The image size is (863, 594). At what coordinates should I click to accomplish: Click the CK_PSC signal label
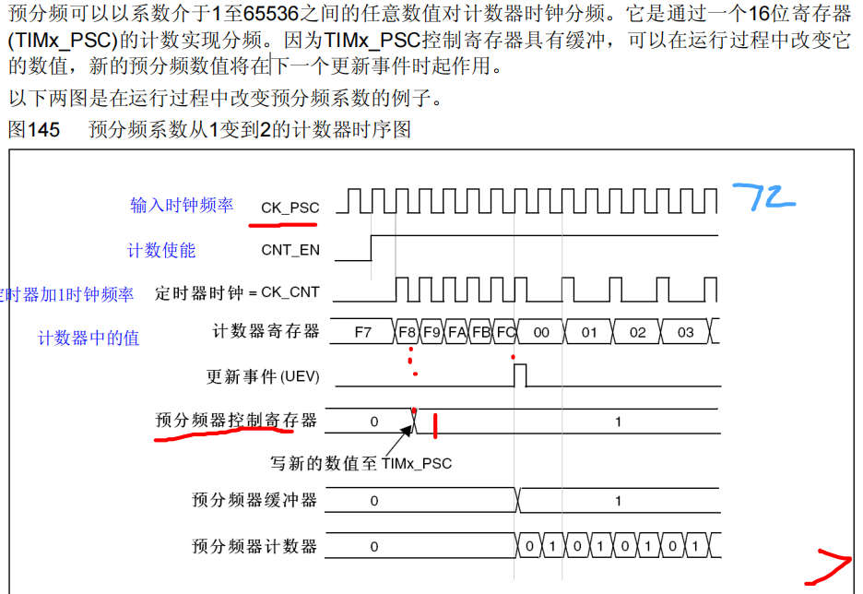(290, 208)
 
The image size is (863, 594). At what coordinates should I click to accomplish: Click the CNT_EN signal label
(290, 249)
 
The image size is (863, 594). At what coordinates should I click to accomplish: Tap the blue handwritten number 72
(763, 196)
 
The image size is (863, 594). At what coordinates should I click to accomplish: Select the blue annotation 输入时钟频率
(182, 205)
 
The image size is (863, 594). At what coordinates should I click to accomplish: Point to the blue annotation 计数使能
(161, 250)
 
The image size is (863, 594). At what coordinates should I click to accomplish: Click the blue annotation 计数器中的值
(89, 339)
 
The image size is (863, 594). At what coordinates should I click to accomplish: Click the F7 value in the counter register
(363, 332)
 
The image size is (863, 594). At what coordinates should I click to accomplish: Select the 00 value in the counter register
(541, 332)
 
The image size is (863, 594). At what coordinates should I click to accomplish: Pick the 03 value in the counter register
(685, 332)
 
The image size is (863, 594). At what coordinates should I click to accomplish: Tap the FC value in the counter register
(504, 332)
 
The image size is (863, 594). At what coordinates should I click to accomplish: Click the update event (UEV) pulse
(520, 375)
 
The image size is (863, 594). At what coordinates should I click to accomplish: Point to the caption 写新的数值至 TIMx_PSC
(361, 463)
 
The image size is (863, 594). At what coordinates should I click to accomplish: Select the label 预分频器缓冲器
(254, 500)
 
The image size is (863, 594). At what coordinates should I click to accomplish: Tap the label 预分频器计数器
(254, 546)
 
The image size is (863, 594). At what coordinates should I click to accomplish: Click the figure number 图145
(33, 130)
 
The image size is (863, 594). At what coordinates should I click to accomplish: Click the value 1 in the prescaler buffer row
(618, 501)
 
